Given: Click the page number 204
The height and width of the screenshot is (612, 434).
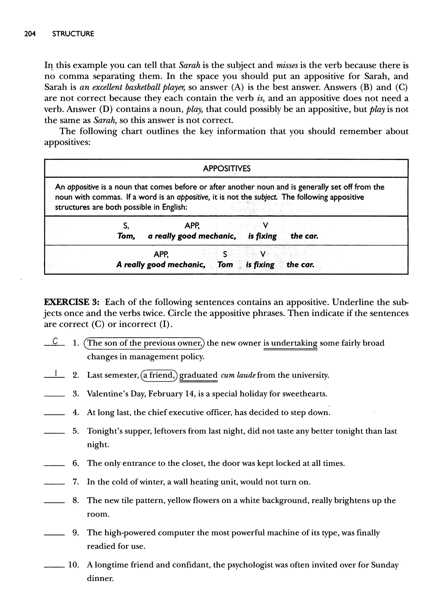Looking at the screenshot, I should [30, 34].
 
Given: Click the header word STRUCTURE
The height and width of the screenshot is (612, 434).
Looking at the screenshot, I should [73, 34].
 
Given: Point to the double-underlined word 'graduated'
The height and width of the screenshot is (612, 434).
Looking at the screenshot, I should [198, 375].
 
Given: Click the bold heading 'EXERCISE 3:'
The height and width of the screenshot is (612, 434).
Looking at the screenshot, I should [72, 302].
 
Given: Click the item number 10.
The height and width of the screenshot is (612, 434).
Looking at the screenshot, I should [73, 565].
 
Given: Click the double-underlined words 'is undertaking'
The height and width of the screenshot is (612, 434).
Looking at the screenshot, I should [290, 343].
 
